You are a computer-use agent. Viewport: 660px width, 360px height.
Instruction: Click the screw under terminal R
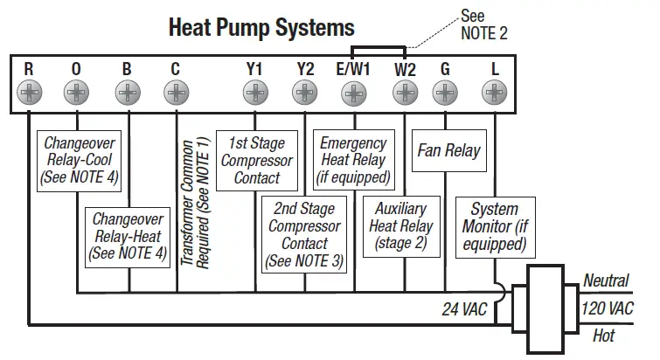pyautogui.click(x=29, y=91)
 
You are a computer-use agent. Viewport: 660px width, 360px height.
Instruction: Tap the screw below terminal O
pyautogui.click(x=77, y=91)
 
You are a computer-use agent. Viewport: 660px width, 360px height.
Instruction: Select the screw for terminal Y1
pyautogui.click(x=254, y=91)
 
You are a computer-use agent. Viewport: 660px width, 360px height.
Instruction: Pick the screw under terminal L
pyautogui.click(x=495, y=91)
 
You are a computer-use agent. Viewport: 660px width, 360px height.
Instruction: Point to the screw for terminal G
pyautogui.click(x=446, y=91)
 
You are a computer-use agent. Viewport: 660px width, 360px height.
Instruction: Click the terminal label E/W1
pyautogui.click(x=353, y=68)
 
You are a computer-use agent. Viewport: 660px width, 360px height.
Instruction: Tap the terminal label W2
pyautogui.click(x=405, y=68)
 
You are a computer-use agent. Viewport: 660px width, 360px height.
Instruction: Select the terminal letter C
pyautogui.click(x=177, y=68)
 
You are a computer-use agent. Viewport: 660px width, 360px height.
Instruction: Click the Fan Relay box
pyautogui.click(x=448, y=150)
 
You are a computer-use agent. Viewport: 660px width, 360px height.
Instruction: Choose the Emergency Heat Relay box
pyautogui.click(x=353, y=160)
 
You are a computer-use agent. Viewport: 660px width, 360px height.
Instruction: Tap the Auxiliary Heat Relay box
pyautogui.click(x=400, y=225)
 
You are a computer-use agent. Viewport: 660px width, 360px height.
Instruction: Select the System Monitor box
pyautogui.click(x=494, y=226)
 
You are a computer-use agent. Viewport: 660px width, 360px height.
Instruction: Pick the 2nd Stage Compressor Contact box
pyautogui.click(x=304, y=234)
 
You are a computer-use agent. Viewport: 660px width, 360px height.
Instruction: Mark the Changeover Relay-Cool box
pyautogui.click(x=79, y=160)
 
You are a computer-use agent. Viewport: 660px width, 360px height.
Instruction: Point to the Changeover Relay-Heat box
pyautogui.click(x=128, y=236)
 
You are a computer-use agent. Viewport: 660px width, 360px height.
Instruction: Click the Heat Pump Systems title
pyautogui.click(x=261, y=27)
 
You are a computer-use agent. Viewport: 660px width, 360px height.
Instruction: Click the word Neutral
pyautogui.click(x=606, y=280)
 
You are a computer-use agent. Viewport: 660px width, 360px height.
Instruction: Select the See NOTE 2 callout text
pyautogui.click(x=483, y=24)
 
